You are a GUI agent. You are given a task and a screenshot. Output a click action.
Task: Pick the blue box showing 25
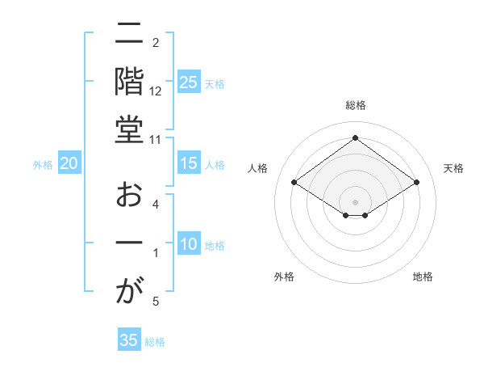189,82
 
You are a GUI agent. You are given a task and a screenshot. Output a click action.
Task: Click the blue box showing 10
189,245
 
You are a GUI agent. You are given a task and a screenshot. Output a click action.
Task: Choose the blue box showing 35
129,340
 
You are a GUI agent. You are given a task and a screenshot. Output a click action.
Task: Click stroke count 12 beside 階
156,91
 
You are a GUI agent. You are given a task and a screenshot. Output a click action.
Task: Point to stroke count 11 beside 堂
156,139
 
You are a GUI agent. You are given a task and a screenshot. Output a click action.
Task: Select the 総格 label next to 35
155,342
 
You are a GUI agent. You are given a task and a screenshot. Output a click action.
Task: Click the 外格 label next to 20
43,165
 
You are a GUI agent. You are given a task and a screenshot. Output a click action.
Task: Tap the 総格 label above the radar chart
356,105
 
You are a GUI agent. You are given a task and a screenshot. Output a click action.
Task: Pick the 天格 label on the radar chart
453,168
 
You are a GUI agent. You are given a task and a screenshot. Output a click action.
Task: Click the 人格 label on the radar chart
258,168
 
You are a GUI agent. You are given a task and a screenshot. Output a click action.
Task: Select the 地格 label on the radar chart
423,277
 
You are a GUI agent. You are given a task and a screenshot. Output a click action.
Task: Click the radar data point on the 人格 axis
294,183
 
